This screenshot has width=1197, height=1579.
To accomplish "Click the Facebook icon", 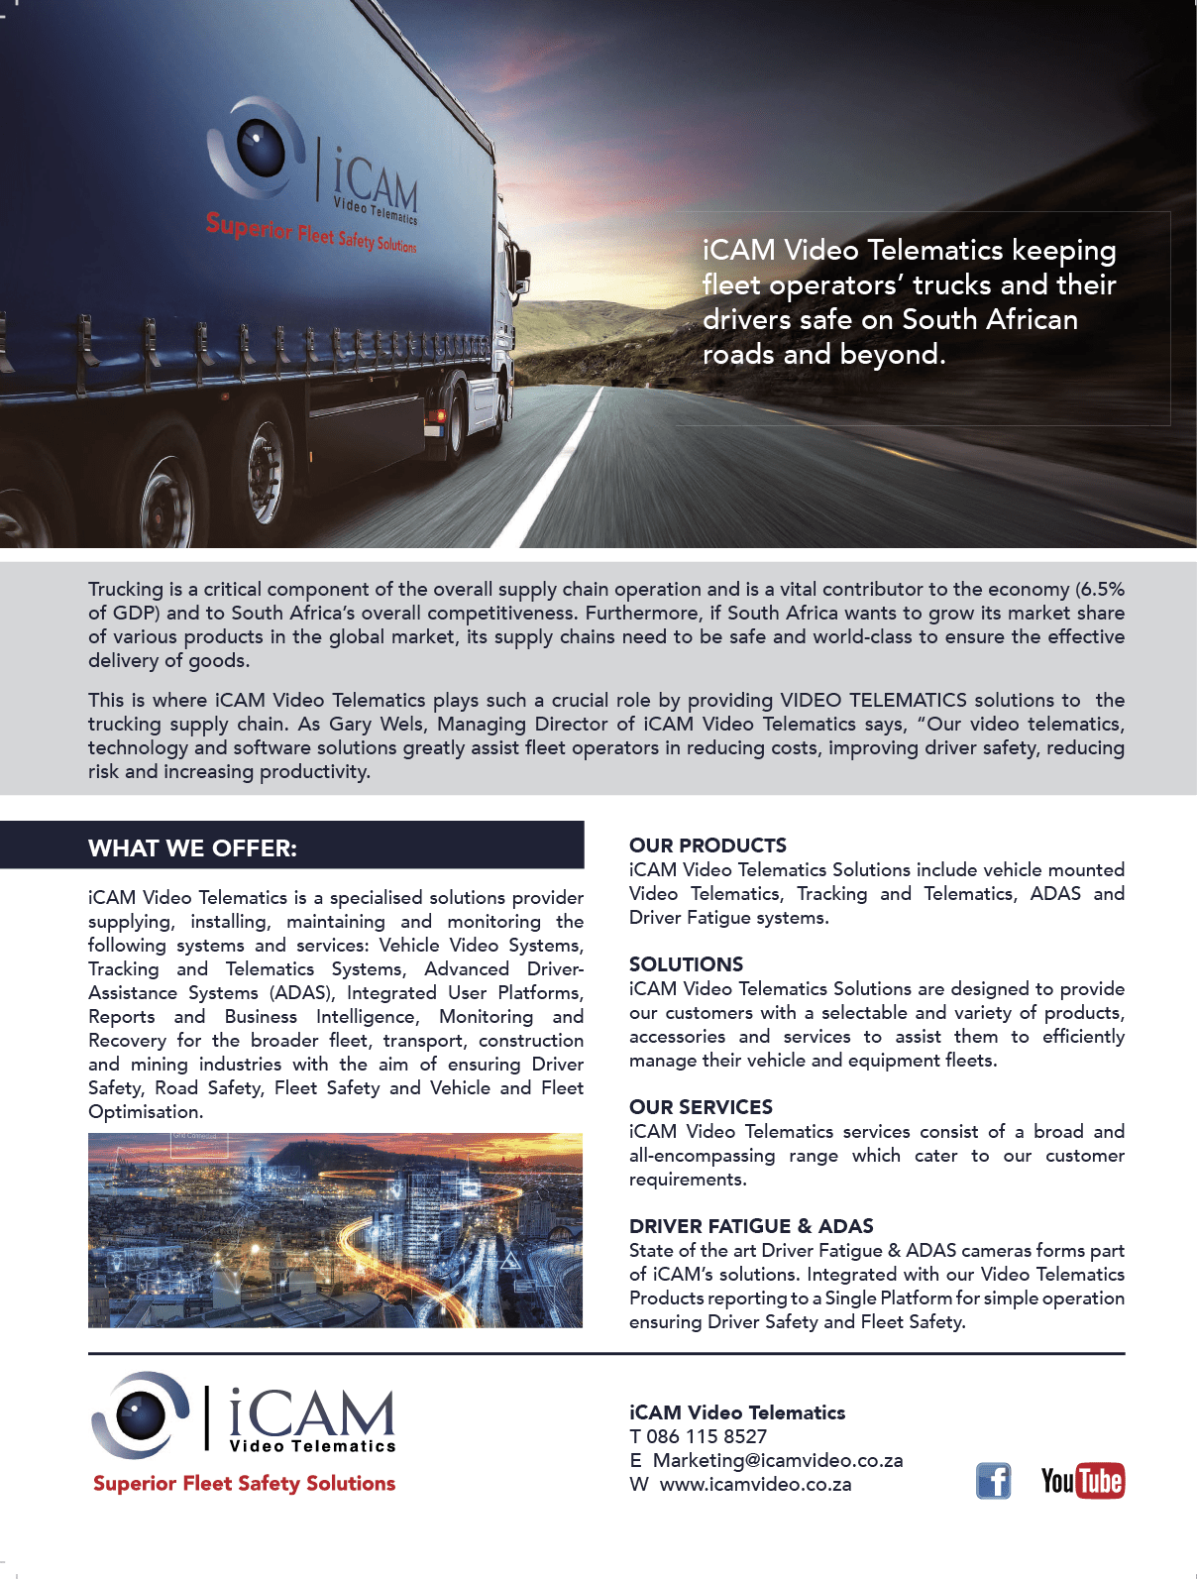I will coord(993,1481).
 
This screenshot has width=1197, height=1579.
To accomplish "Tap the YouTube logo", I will coord(1082,1481).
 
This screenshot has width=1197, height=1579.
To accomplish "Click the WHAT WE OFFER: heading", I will coord(192,848).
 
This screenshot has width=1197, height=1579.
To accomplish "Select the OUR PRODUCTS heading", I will coord(707,846).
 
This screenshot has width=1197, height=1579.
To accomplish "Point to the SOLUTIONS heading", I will coord(686,964).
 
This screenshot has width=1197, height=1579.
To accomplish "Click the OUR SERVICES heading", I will coord(701,1107).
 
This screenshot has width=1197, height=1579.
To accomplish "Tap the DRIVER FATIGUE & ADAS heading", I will coord(751,1226).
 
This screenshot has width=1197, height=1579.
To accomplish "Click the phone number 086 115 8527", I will coord(707,1436).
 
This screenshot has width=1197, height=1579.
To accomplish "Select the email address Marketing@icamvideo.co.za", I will coord(777,1460).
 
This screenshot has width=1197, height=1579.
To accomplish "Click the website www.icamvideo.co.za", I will coord(755,1484).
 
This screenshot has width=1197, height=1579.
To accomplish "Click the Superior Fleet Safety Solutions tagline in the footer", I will coord(244,1483).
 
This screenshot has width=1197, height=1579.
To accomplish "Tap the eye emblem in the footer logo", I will coord(140,1414).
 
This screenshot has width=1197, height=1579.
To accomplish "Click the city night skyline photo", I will coord(335,1230).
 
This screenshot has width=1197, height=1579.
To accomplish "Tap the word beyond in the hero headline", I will coord(887,354).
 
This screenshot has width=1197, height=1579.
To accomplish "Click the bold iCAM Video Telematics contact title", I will coord(737,1412).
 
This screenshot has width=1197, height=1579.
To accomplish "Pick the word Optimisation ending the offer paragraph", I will coord(145,1111).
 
